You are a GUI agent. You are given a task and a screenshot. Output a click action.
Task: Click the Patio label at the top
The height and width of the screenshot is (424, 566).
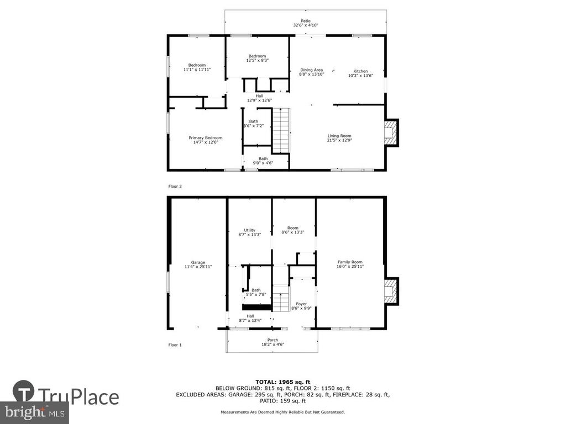(305, 21)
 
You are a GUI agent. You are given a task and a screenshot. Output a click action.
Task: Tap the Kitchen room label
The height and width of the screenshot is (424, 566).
(360, 71)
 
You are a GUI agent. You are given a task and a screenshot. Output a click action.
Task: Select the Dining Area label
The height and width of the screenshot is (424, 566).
(312, 70)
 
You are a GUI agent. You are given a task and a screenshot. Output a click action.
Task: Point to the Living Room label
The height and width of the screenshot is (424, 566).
(339, 136)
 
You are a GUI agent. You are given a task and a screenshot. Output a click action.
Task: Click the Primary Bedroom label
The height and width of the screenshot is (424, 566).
(206, 137)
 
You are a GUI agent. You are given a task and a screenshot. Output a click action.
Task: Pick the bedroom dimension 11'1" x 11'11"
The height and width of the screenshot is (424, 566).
(197, 70)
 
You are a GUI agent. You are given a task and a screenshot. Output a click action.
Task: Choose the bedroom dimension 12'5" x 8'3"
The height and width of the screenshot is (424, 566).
(258, 61)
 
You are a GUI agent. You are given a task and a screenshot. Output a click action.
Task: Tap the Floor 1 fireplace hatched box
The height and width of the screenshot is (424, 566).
(391, 291)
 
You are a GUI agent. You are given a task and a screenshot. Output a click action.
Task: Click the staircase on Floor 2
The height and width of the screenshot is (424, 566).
(281, 130)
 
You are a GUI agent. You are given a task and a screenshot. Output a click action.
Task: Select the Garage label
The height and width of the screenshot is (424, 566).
(198, 262)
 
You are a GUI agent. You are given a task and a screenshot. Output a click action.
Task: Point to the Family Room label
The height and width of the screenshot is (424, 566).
(350, 262)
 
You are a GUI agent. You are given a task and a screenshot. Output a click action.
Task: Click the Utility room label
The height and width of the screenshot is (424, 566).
(249, 230)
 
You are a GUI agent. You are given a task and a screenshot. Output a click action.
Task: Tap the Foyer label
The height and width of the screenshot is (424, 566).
(301, 304)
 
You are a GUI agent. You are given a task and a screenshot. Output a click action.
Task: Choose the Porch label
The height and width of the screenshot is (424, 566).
(272, 340)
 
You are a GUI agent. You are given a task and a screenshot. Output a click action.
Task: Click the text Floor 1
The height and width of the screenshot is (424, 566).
(175, 345)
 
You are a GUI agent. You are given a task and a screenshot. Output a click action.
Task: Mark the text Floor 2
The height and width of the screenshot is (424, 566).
(175, 187)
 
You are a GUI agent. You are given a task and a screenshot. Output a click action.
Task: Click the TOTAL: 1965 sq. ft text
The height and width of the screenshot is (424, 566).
(283, 382)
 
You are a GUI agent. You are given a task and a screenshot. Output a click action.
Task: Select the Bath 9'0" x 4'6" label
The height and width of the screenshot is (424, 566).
(263, 161)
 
